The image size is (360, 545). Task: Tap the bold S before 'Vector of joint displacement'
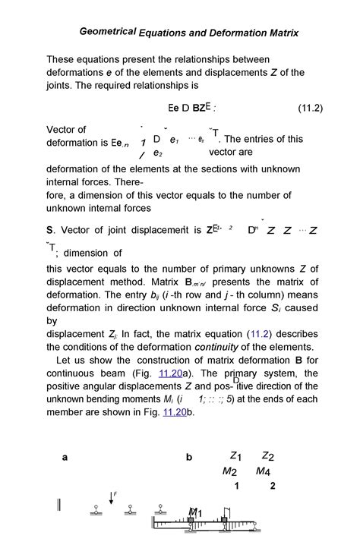(x=49, y=231)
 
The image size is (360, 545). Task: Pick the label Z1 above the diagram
(x=235, y=456)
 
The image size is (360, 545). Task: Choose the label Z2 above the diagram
(x=267, y=456)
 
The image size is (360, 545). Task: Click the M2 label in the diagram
(x=229, y=471)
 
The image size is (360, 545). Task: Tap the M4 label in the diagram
(x=263, y=471)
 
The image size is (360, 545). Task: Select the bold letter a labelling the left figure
(x=65, y=458)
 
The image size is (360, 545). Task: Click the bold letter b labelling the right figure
(x=189, y=458)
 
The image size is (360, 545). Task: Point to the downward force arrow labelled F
(x=111, y=501)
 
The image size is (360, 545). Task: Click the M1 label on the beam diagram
(x=195, y=514)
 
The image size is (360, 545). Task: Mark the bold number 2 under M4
(x=272, y=486)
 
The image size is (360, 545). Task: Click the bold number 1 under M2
(x=237, y=486)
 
